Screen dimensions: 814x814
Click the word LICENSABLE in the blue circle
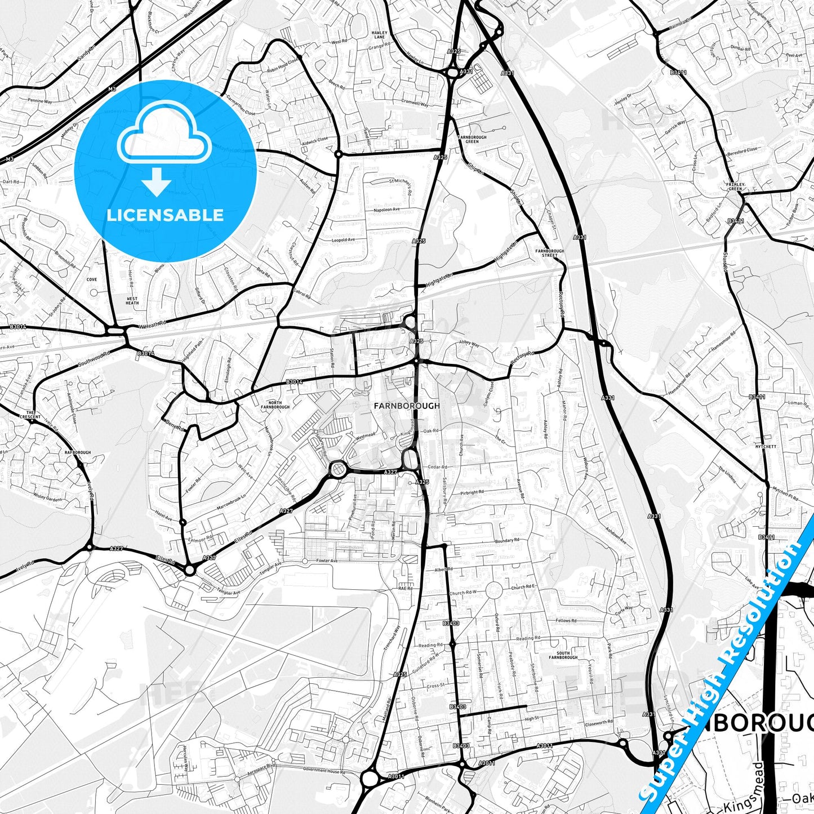coord(165,215)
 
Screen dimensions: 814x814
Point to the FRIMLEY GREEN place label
coord(736,186)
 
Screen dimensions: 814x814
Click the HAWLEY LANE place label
coord(380,35)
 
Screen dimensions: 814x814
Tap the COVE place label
coord(92,279)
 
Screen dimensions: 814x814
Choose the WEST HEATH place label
coord(132,301)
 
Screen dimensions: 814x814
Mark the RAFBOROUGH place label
coord(78,452)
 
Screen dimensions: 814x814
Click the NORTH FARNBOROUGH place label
coord(275,404)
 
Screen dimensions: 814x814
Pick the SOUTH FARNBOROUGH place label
coord(563,655)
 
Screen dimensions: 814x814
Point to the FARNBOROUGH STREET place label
coord(550,253)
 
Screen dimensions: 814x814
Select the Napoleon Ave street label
coord(386,210)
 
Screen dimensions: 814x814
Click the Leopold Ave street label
coord(343,240)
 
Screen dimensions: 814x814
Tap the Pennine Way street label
coord(39,101)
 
